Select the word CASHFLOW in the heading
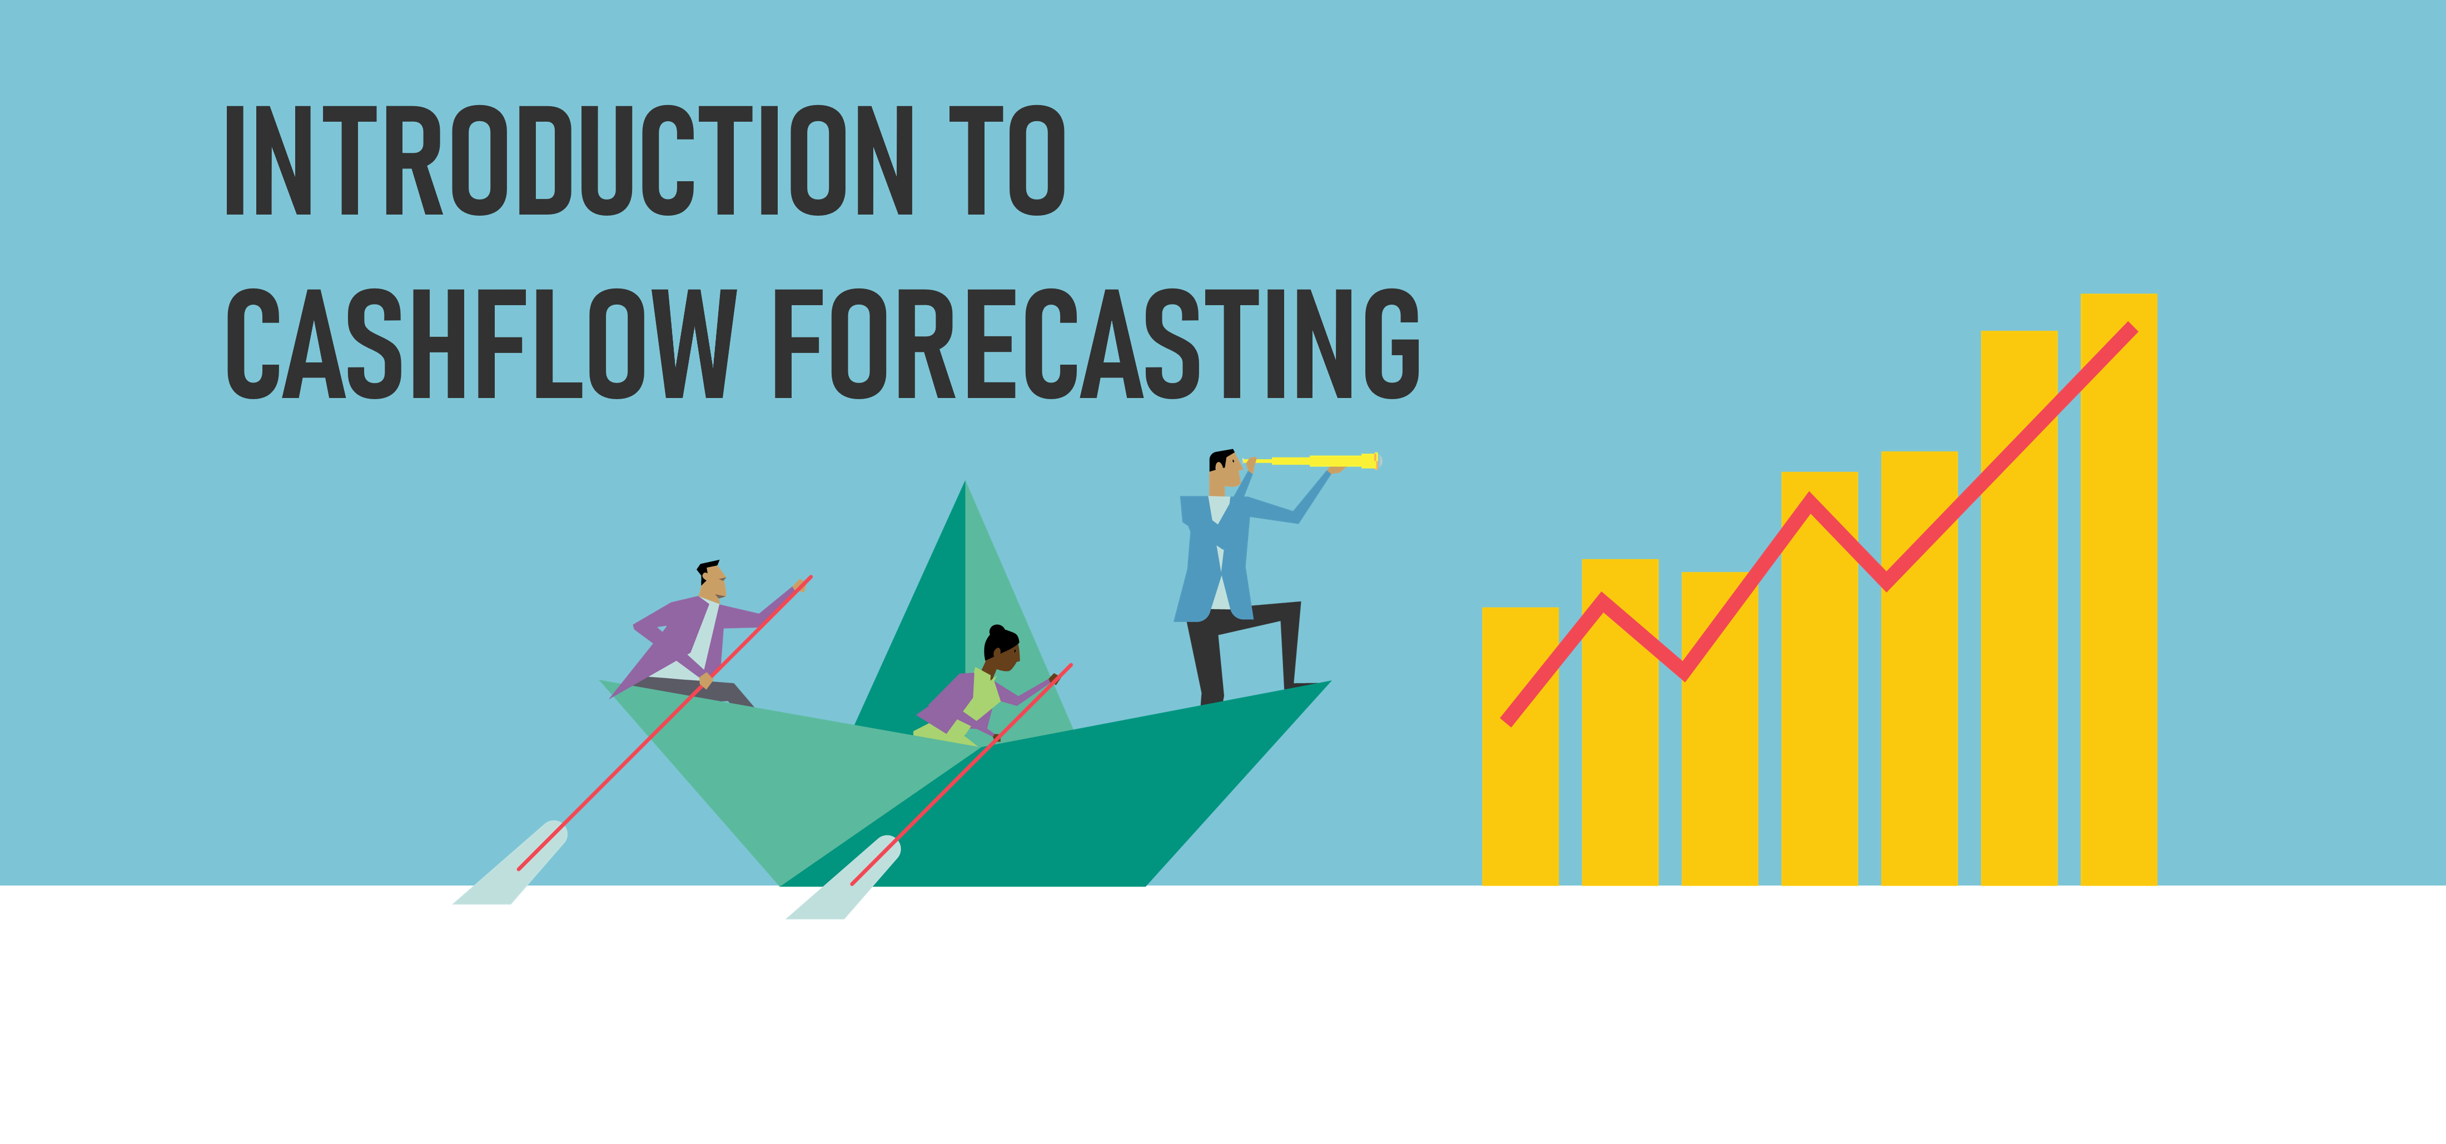pos(480,343)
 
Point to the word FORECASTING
pos(1097,343)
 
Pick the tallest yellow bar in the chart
pos(2119,590)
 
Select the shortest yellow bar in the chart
pos(1520,746)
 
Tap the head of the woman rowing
pos(1002,648)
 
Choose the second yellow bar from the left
pos(1620,723)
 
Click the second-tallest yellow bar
pos(2019,608)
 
